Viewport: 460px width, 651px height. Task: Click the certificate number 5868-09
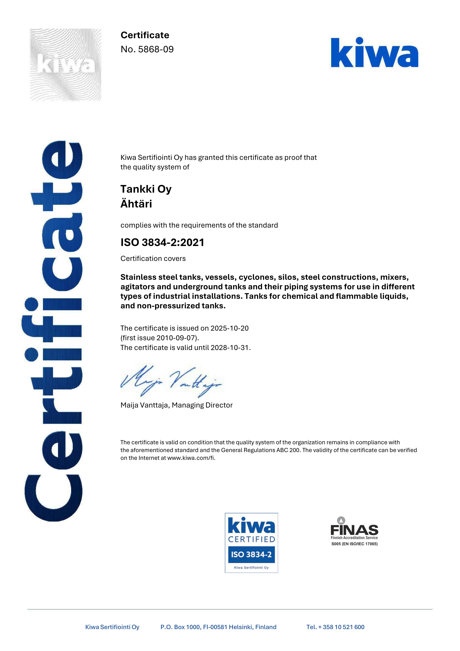click(x=156, y=49)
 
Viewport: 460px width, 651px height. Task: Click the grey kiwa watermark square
click(x=66, y=64)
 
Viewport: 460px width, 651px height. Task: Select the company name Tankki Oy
click(x=146, y=189)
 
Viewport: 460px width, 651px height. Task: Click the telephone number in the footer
click(x=335, y=627)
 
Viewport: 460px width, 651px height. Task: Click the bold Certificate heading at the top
click(x=145, y=35)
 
